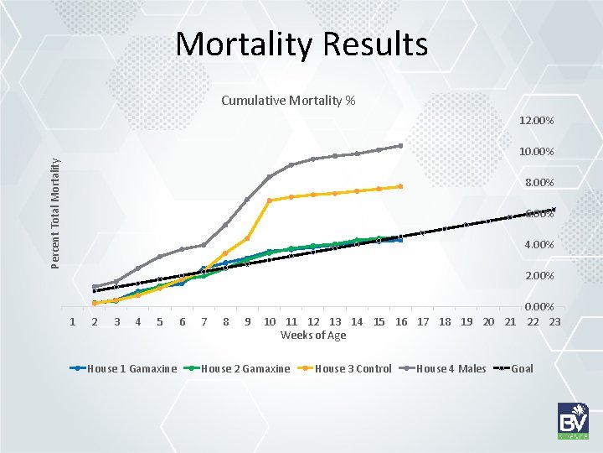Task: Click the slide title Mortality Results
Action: (x=301, y=44)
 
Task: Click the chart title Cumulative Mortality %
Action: (x=288, y=102)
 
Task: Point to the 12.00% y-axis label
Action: (x=536, y=121)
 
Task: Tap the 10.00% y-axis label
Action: (x=536, y=152)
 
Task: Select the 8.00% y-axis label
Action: (x=539, y=183)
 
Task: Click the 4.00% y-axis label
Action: (x=539, y=245)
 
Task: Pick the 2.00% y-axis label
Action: (x=539, y=276)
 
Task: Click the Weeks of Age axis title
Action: (x=313, y=336)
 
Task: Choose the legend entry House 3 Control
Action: (x=353, y=368)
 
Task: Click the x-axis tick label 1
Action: (x=73, y=322)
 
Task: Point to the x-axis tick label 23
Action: (x=554, y=322)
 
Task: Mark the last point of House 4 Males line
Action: (x=400, y=146)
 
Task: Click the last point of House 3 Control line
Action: (x=400, y=186)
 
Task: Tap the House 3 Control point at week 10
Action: (x=270, y=200)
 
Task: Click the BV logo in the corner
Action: (x=574, y=420)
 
